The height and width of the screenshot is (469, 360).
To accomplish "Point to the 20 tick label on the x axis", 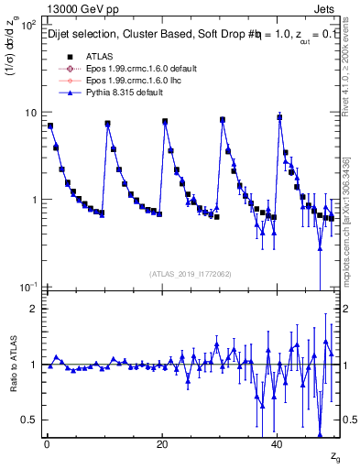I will (x=162, y=444).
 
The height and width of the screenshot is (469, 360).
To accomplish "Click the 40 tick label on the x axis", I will (x=278, y=444).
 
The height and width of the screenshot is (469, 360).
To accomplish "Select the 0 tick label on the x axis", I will (x=47, y=444).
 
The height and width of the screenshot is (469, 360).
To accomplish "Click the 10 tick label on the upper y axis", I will (x=29, y=113).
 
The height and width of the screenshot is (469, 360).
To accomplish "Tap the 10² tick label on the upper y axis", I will (x=27, y=25).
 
